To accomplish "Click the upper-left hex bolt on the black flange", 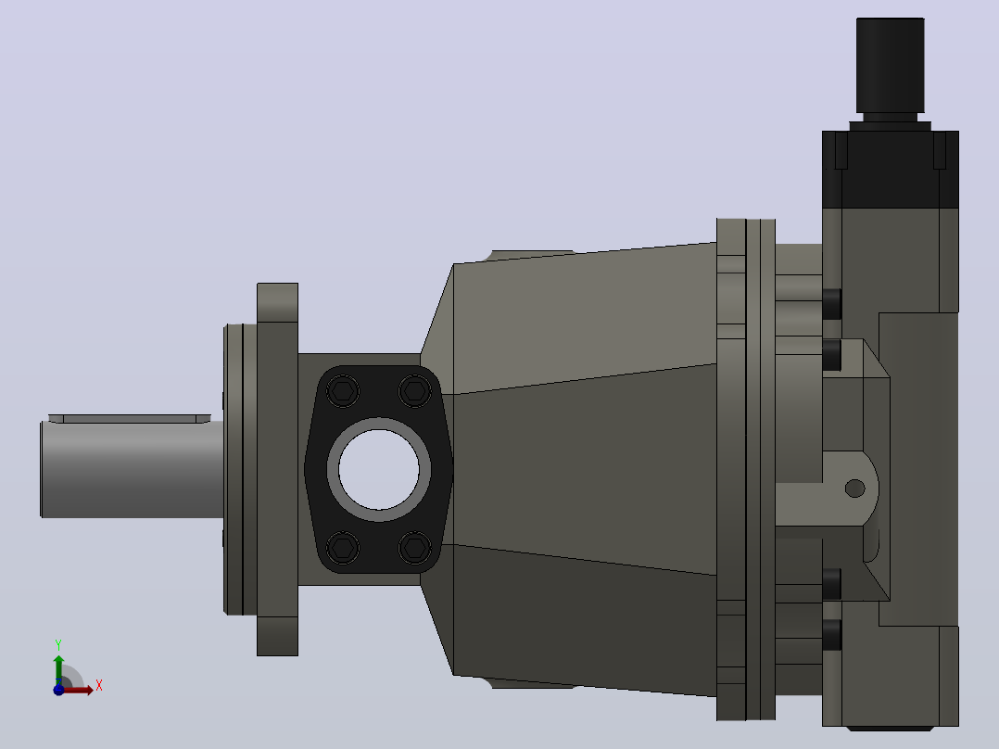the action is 343,390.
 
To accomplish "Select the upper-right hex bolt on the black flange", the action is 415,390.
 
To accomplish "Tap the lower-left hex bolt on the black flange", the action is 343,548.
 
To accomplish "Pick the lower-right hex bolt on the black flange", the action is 415,548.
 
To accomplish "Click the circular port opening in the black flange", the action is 378,469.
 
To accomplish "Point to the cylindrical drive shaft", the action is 132,469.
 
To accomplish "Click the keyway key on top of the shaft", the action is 130,419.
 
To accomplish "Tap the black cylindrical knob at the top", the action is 890,66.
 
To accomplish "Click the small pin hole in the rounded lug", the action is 855,489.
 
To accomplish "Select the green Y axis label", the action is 58,645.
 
